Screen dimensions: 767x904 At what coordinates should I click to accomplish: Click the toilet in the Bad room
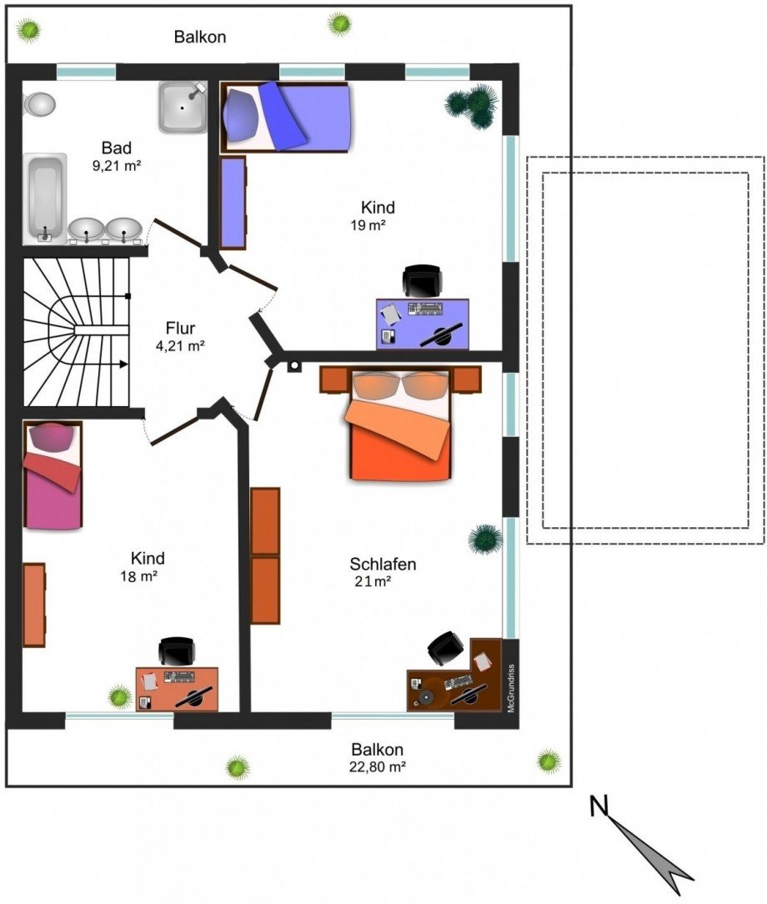[x=39, y=104]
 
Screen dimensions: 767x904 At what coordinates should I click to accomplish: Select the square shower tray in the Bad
[x=183, y=108]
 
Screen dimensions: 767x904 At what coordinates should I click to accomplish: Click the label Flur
[x=180, y=328]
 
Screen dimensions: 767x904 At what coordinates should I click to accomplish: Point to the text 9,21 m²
[x=117, y=166]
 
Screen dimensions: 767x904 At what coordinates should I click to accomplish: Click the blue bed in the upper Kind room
[x=286, y=117]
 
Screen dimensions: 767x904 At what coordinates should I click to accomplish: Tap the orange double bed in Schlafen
[x=399, y=424]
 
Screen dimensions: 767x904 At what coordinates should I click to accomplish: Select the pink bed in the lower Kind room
[x=53, y=475]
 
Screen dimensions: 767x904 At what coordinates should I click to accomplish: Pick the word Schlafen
[x=383, y=564]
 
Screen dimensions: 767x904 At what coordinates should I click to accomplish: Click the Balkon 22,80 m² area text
[x=378, y=757]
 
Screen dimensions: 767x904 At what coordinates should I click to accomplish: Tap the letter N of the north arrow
[x=599, y=806]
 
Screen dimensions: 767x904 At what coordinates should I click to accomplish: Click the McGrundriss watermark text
[x=511, y=688]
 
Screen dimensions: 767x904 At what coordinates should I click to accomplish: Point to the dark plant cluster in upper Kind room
[x=472, y=106]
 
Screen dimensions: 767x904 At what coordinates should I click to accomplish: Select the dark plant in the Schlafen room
[x=484, y=540]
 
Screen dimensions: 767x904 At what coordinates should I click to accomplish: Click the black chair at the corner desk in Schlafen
[x=445, y=648]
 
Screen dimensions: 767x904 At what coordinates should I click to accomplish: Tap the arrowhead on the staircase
[x=123, y=364]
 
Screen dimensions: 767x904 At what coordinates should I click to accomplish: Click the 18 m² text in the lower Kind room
[x=139, y=576]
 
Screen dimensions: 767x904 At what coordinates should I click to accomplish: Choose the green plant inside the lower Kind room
[x=120, y=696]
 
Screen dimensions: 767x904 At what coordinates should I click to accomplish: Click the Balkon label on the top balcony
[x=200, y=37]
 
